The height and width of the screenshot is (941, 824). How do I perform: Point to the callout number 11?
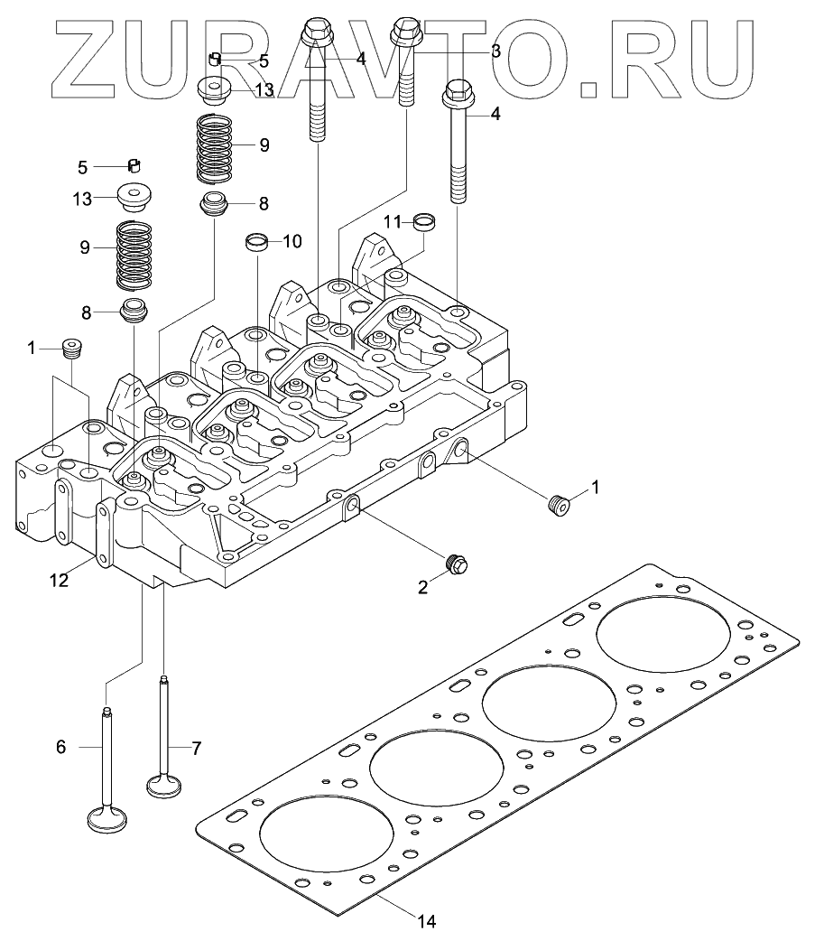tap(391, 221)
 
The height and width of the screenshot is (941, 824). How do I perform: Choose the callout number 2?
tap(422, 586)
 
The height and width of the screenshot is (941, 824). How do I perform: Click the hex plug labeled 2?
tap(456, 563)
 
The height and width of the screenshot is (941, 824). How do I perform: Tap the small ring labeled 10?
tap(258, 241)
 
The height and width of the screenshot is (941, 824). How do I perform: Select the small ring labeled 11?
tap(424, 219)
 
